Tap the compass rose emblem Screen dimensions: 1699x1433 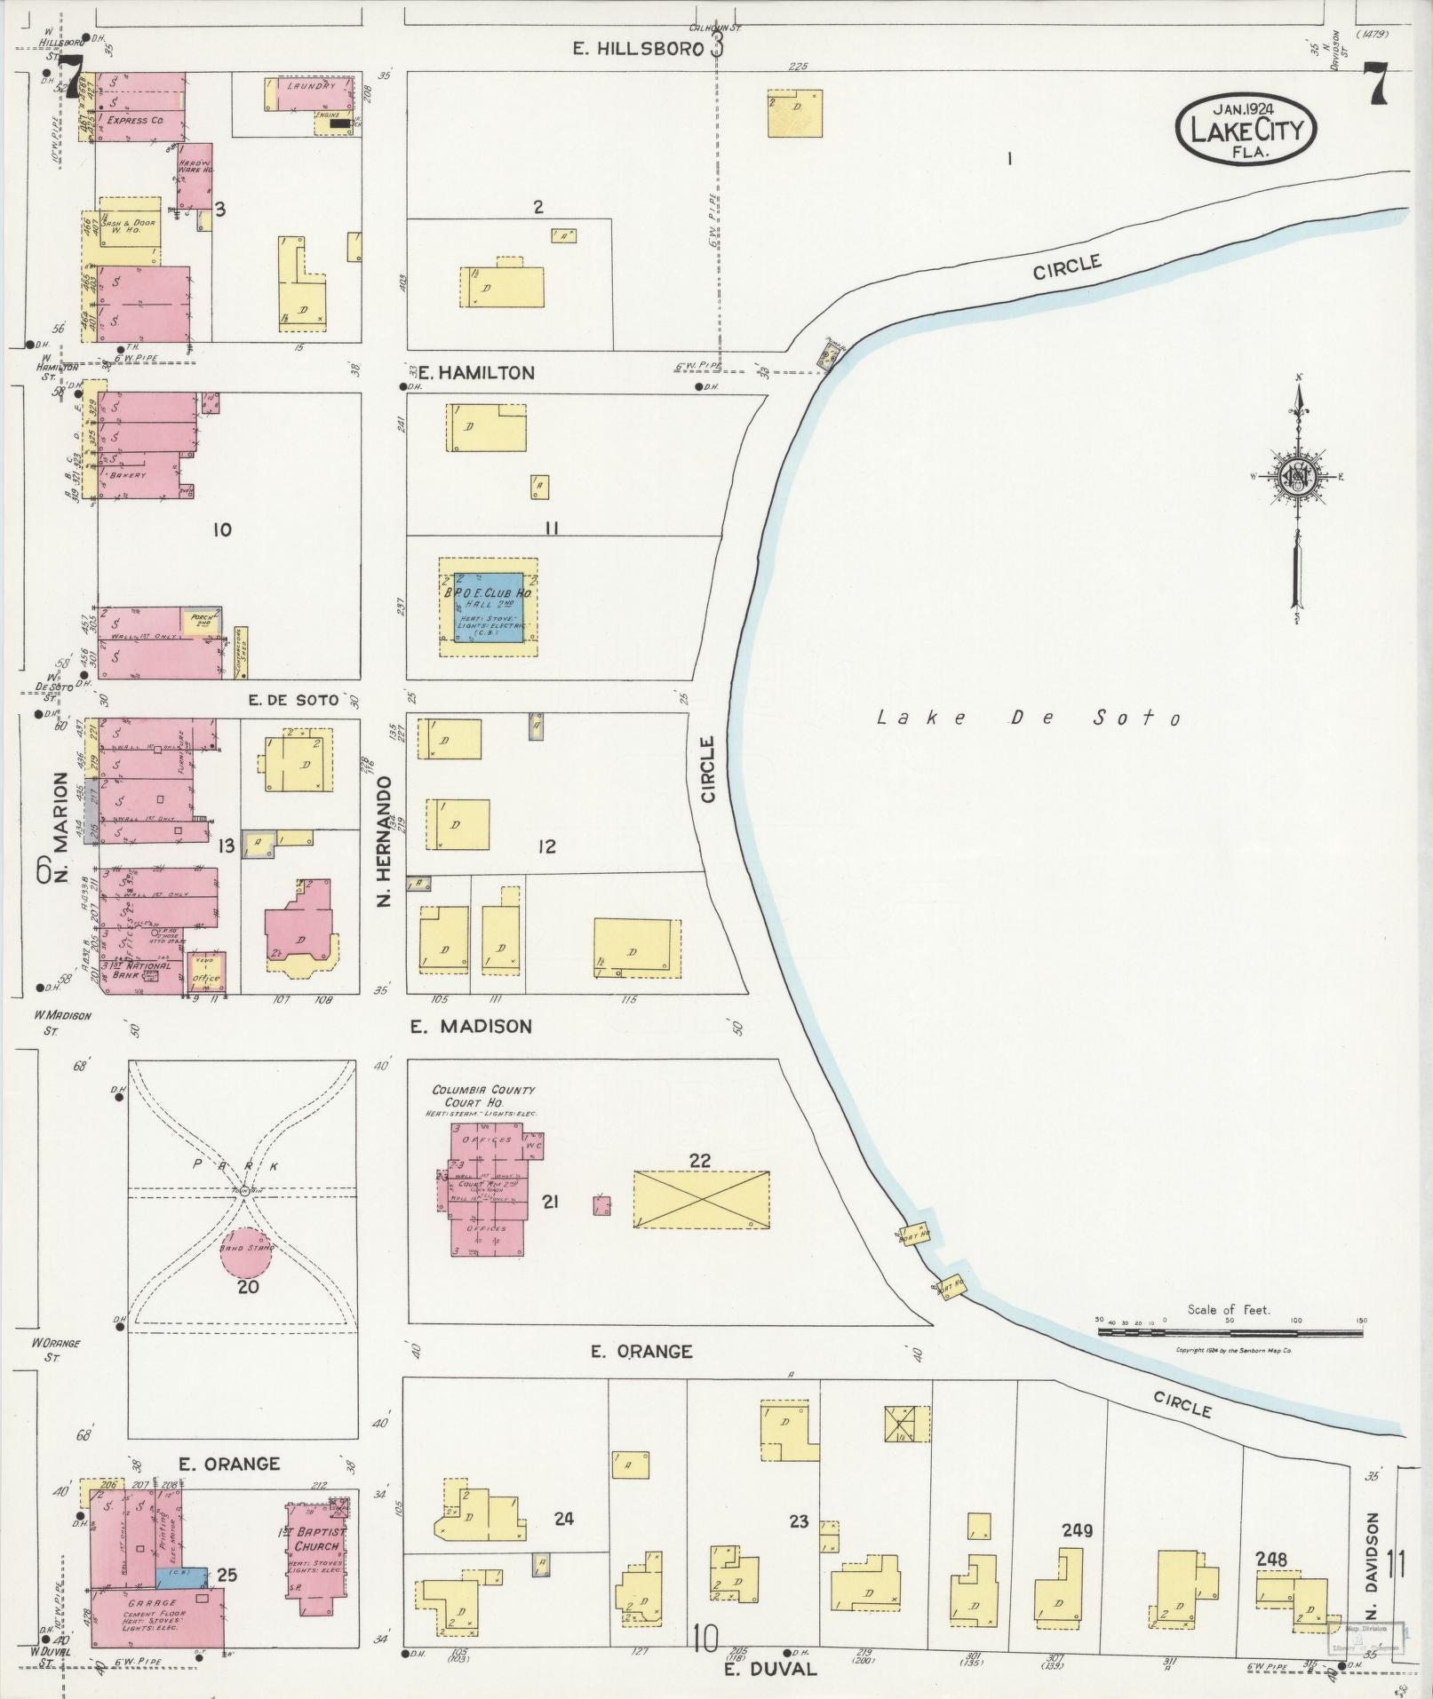[x=1296, y=477]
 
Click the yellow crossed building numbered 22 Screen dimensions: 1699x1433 [x=701, y=1199]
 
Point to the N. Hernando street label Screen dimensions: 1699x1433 [x=385, y=841]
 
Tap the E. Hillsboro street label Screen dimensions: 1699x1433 [x=637, y=49]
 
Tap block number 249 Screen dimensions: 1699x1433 [x=1076, y=1530]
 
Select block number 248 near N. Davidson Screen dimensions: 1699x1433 [x=1271, y=1559]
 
